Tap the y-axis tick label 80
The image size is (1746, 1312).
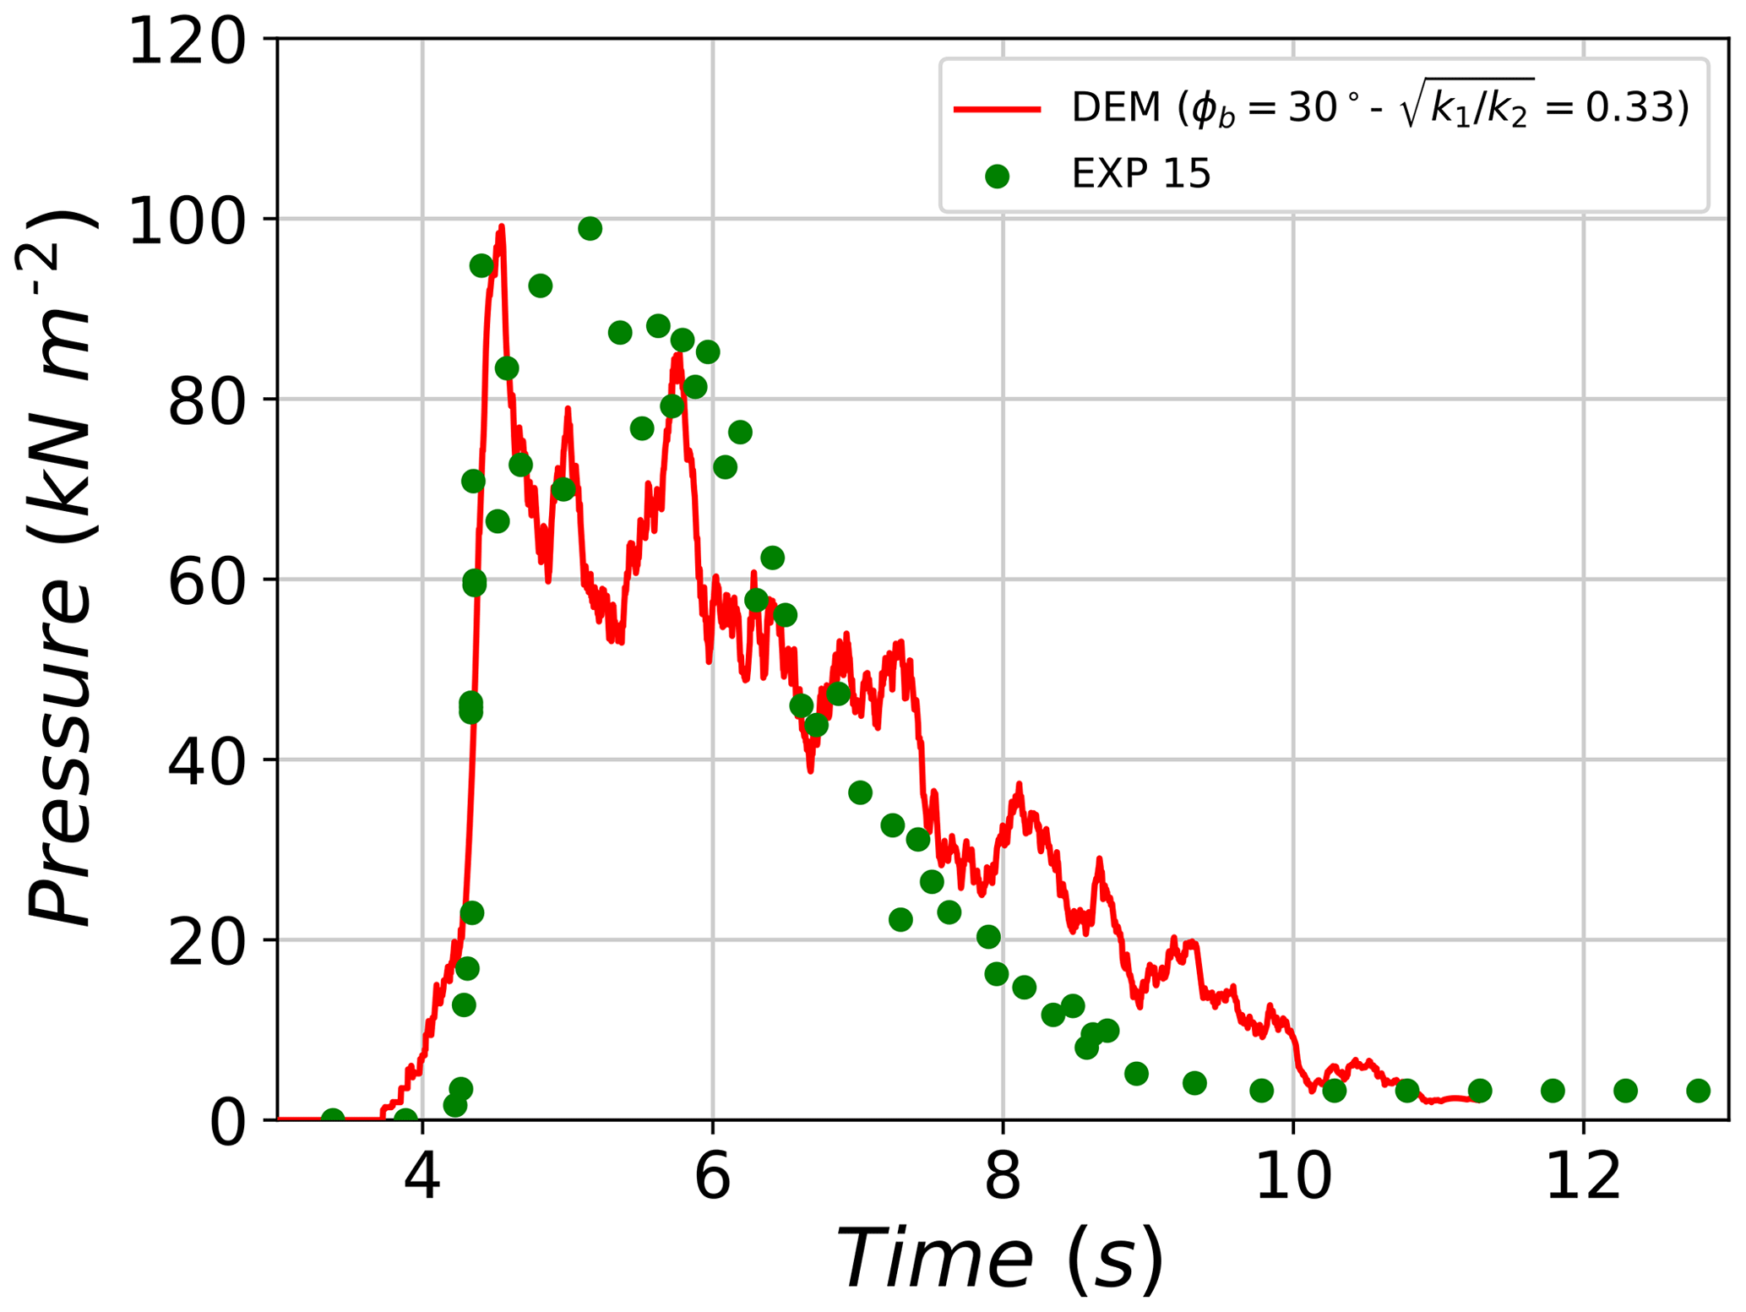(206, 403)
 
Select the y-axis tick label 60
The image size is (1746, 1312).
(206, 583)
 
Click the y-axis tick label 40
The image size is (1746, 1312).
(206, 763)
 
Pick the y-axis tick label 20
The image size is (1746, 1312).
(206, 943)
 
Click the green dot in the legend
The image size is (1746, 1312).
(997, 176)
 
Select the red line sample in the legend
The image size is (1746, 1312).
(997, 109)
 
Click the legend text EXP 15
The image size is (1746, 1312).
(1140, 175)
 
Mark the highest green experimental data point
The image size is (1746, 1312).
(590, 228)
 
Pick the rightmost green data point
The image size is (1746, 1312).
(1698, 1091)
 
